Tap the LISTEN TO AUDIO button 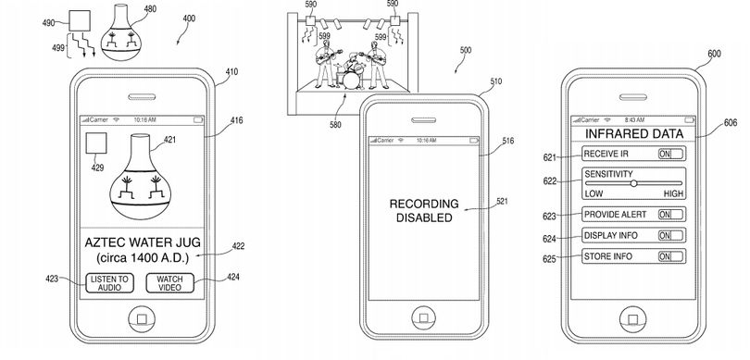point(109,283)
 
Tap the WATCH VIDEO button point(169,283)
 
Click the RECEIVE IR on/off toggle point(670,154)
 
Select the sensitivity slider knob point(633,183)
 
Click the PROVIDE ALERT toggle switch point(670,215)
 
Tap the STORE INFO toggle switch point(670,256)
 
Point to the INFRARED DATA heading point(634,133)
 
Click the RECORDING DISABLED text point(424,211)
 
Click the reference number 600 point(714,54)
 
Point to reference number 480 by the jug point(150,8)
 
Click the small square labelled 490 point(80,21)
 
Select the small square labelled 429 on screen point(95,143)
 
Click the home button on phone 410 point(142,319)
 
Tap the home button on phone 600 point(632,319)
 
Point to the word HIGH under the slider point(673,193)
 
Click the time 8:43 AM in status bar point(633,120)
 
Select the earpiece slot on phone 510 point(424,120)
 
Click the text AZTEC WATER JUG point(143,242)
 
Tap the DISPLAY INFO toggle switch point(670,236)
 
